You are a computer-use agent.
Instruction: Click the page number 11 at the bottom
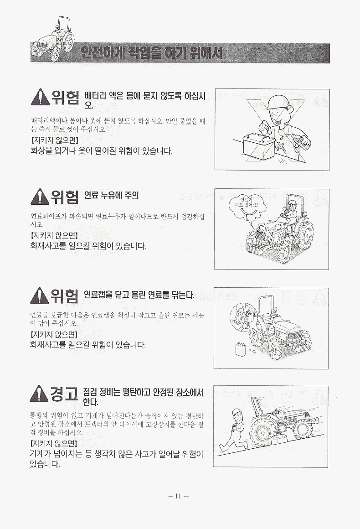178,496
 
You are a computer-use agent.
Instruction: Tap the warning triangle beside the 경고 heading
39,394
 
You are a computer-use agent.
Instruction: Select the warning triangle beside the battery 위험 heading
40,97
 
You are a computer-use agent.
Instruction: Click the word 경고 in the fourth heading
64,394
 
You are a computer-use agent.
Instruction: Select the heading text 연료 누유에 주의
111,195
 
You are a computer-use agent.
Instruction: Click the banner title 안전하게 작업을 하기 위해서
152,53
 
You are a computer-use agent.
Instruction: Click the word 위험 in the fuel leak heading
65,197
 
